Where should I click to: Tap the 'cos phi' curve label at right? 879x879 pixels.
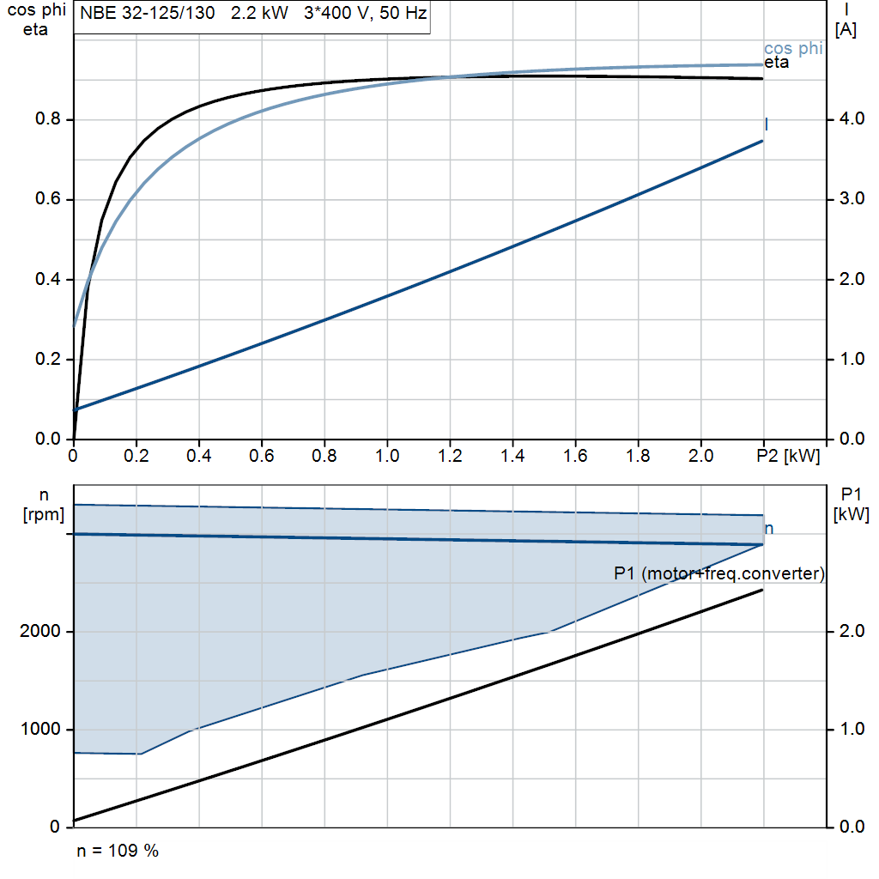(x=793, y=49)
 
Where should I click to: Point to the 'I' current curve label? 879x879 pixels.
(x=766, y=125)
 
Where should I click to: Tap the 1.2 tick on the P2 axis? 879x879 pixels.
(x=450, y=454)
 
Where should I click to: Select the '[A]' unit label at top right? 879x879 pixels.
(x=846, y=30)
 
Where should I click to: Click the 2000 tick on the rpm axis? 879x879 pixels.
(x=41, y=632)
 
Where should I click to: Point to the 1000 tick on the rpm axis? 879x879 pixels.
(x=41, y=730)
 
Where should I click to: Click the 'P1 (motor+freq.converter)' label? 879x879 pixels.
(x=719, y=574)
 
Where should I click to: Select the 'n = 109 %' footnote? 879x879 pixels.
(x=118, y=851)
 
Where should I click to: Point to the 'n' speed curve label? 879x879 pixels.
(x=769, y=529)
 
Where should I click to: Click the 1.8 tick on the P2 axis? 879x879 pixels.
(x=638, y=454)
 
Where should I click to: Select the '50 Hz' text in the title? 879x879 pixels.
(x=403, y=15)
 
